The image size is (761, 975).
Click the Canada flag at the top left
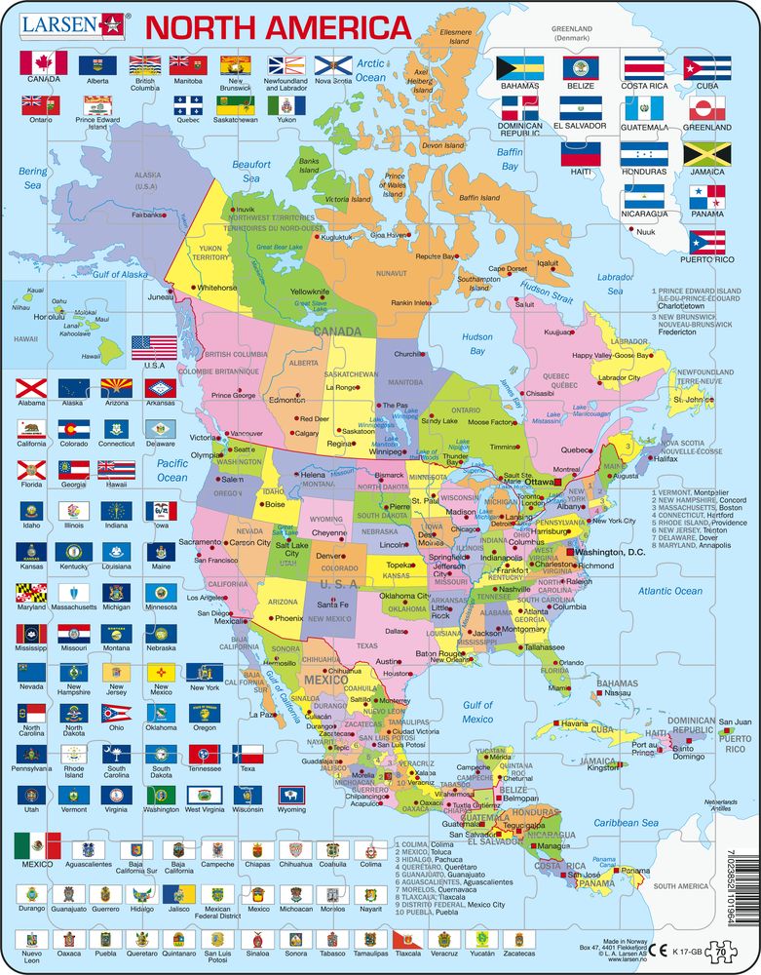click(43, 63)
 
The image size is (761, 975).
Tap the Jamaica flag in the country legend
click(706, 154)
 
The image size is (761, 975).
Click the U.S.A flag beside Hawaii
click(154, 347)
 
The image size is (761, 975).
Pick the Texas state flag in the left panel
click(249, 754)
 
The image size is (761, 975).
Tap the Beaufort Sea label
click(251, 172)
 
